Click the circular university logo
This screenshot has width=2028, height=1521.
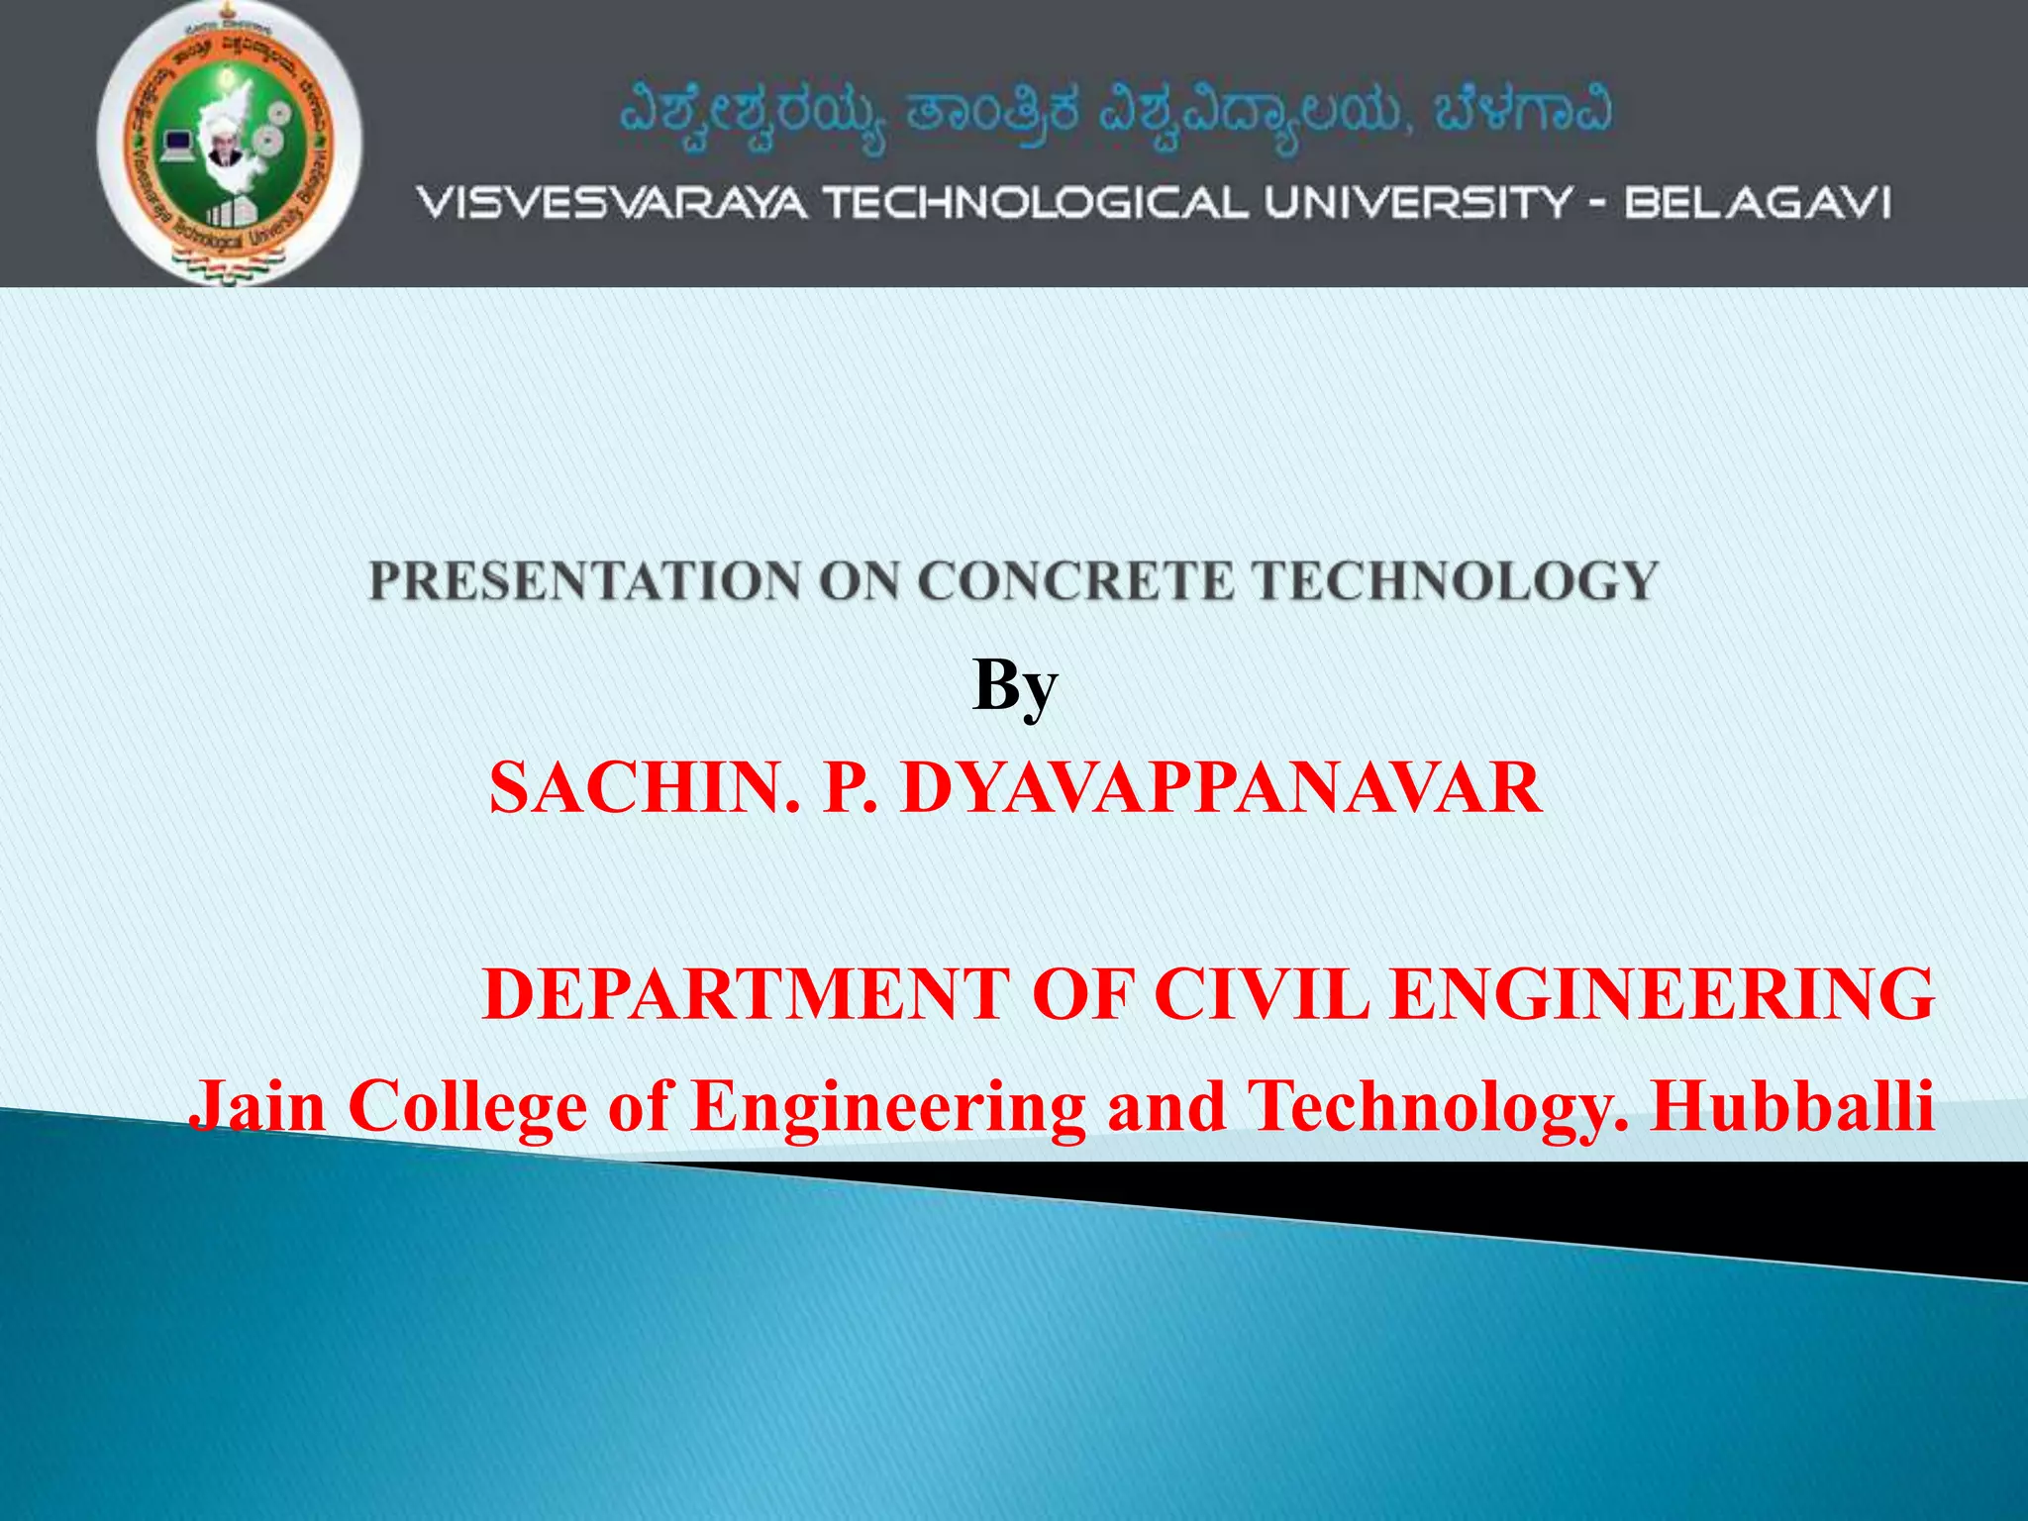pos(230,144)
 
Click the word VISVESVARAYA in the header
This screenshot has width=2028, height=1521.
pos(611,204)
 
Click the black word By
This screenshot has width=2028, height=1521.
pos(1015,686)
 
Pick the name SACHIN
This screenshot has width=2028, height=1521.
pos(644,789)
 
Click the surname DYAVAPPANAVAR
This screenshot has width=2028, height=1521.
pos(1221,789)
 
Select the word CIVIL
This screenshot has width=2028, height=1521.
pos(1262,994)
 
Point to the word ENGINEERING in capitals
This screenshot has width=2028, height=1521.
pos(1662,994)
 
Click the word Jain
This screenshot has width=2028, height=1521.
pos(257,1105)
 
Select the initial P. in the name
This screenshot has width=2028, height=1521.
pos(850,789)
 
